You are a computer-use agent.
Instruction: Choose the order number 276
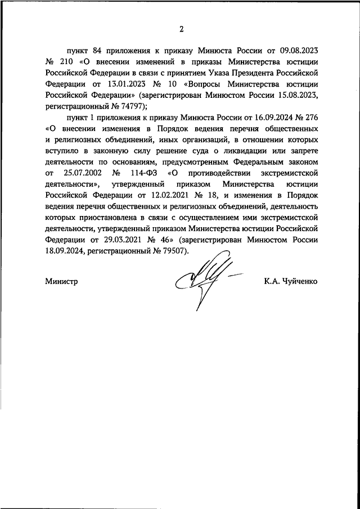tap(312, 117)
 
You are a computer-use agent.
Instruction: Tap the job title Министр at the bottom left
tap(61, 281)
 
